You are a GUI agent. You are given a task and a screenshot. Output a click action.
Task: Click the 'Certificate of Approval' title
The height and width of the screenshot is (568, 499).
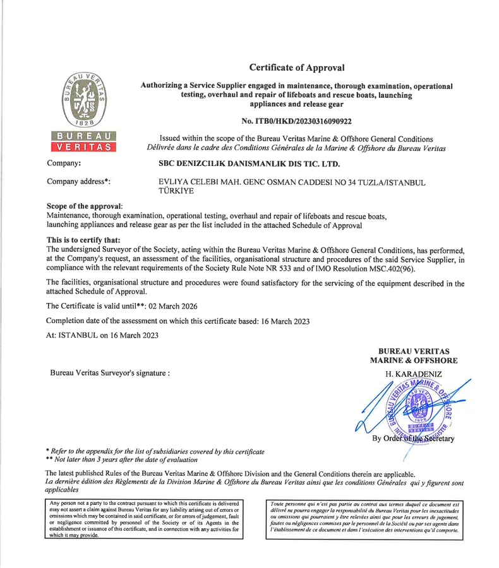[x=297, y=68]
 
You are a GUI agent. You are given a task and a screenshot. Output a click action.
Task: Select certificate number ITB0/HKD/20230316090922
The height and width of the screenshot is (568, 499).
[x=297, y=121]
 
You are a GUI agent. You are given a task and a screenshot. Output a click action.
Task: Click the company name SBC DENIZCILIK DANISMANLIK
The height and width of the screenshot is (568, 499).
[x=249, y=164]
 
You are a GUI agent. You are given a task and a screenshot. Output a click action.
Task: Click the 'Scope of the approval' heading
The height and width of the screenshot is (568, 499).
[x=85, y=206]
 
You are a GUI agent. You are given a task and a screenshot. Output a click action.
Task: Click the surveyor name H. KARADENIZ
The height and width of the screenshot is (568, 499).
[x=414, y=375]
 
